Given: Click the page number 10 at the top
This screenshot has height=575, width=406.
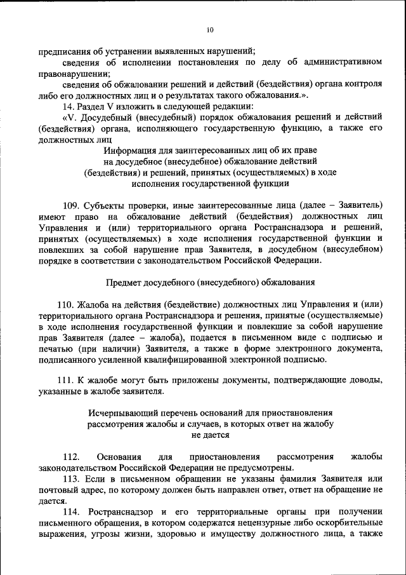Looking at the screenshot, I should (x=210, y=29).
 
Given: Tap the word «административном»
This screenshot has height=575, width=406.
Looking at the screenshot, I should (x=343, y=62).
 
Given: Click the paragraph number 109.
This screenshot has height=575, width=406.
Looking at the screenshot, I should (x=72, y=205).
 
